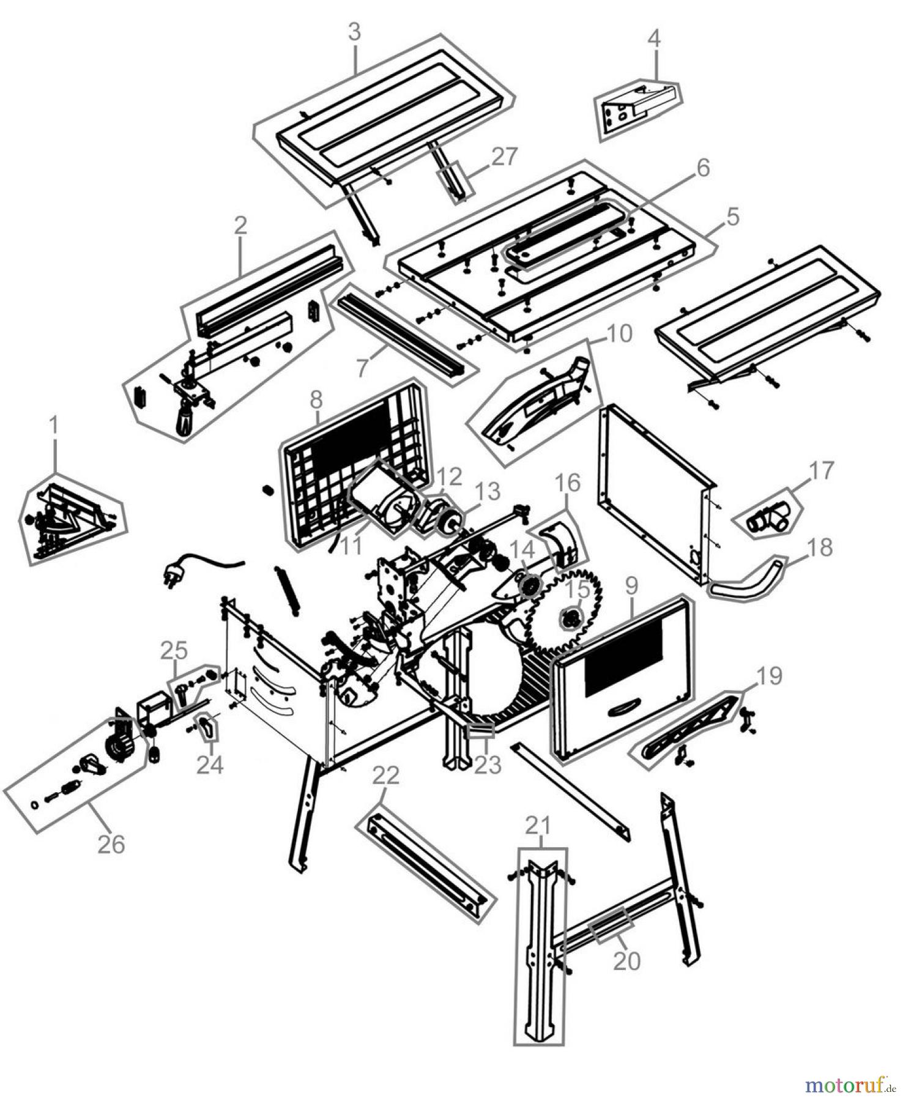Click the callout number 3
point(355,32)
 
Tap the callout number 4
point(654,39)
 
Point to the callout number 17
point(822,471)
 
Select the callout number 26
point(111,844)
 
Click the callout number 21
point(538,826)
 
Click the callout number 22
point(385,776)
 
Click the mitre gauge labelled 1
point(70,521)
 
